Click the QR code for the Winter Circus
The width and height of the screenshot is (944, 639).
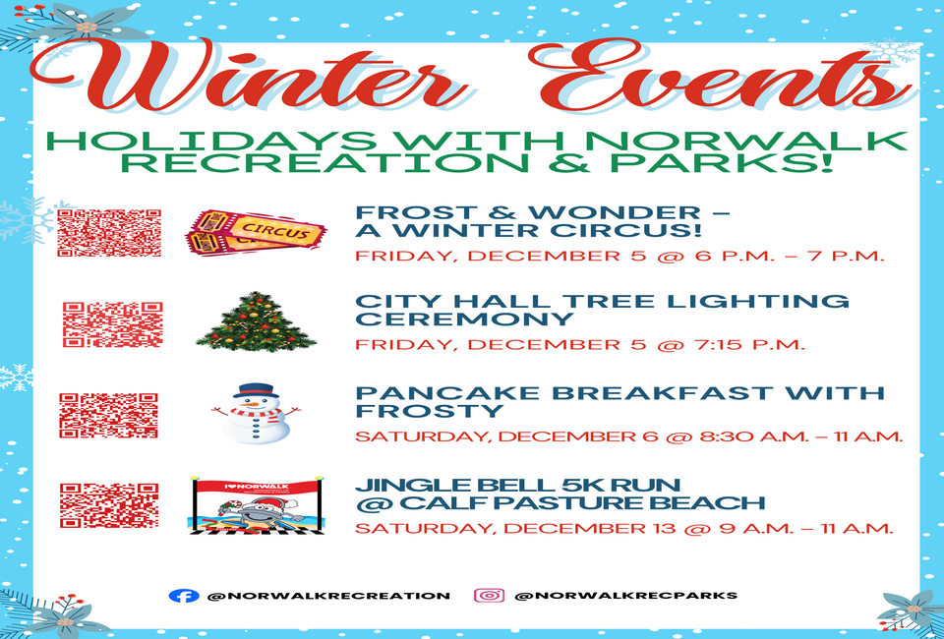[x=109, y=233]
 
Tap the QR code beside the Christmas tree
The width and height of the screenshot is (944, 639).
[x=112, y=325]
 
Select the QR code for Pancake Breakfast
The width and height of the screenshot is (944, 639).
[x=108, y=415]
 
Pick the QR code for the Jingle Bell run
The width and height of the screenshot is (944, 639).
[x=109, y=505]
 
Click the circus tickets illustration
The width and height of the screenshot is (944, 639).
[x=256, y=233]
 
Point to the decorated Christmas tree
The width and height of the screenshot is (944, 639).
[x=256, y=321]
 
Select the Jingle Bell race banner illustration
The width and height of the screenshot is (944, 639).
[x=257, y=505]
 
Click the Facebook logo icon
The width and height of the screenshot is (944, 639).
[x=184, y=596]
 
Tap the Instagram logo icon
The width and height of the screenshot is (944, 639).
[x=489, y=596]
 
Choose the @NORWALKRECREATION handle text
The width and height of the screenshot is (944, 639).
[x=328, y=597]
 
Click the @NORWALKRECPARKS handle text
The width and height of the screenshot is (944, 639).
[x=626, y=596]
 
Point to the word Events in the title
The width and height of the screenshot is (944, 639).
[x=723, y=76]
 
